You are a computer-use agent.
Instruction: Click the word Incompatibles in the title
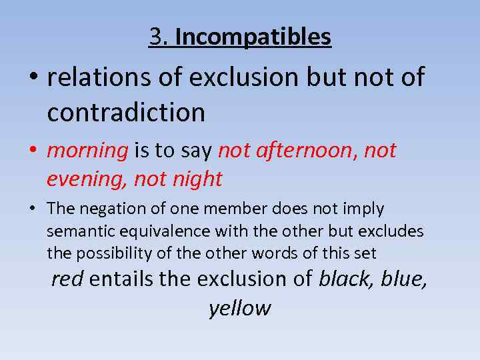pyautogui.click(x=253, y=37)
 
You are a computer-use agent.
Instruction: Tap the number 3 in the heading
pyautogui.click(x=157, y=37)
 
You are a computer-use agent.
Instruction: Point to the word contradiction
pyautogui.click(x=126, y=112)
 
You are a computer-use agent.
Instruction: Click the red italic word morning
pyautogui.click(x=87, y=151)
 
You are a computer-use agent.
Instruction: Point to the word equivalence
pyautogui.click(x=147, y=231)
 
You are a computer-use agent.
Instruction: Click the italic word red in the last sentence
pyautogui.click(x=67, y=279)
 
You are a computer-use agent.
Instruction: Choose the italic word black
pyautogui.click(x=346, y=279)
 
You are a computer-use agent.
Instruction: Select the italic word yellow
pyautogui.click(x=240, y=308)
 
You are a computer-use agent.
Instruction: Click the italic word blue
pyautogui.click(x=403, y=279)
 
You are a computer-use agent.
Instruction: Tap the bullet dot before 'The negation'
pyautogui.click(x=31, y=209)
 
